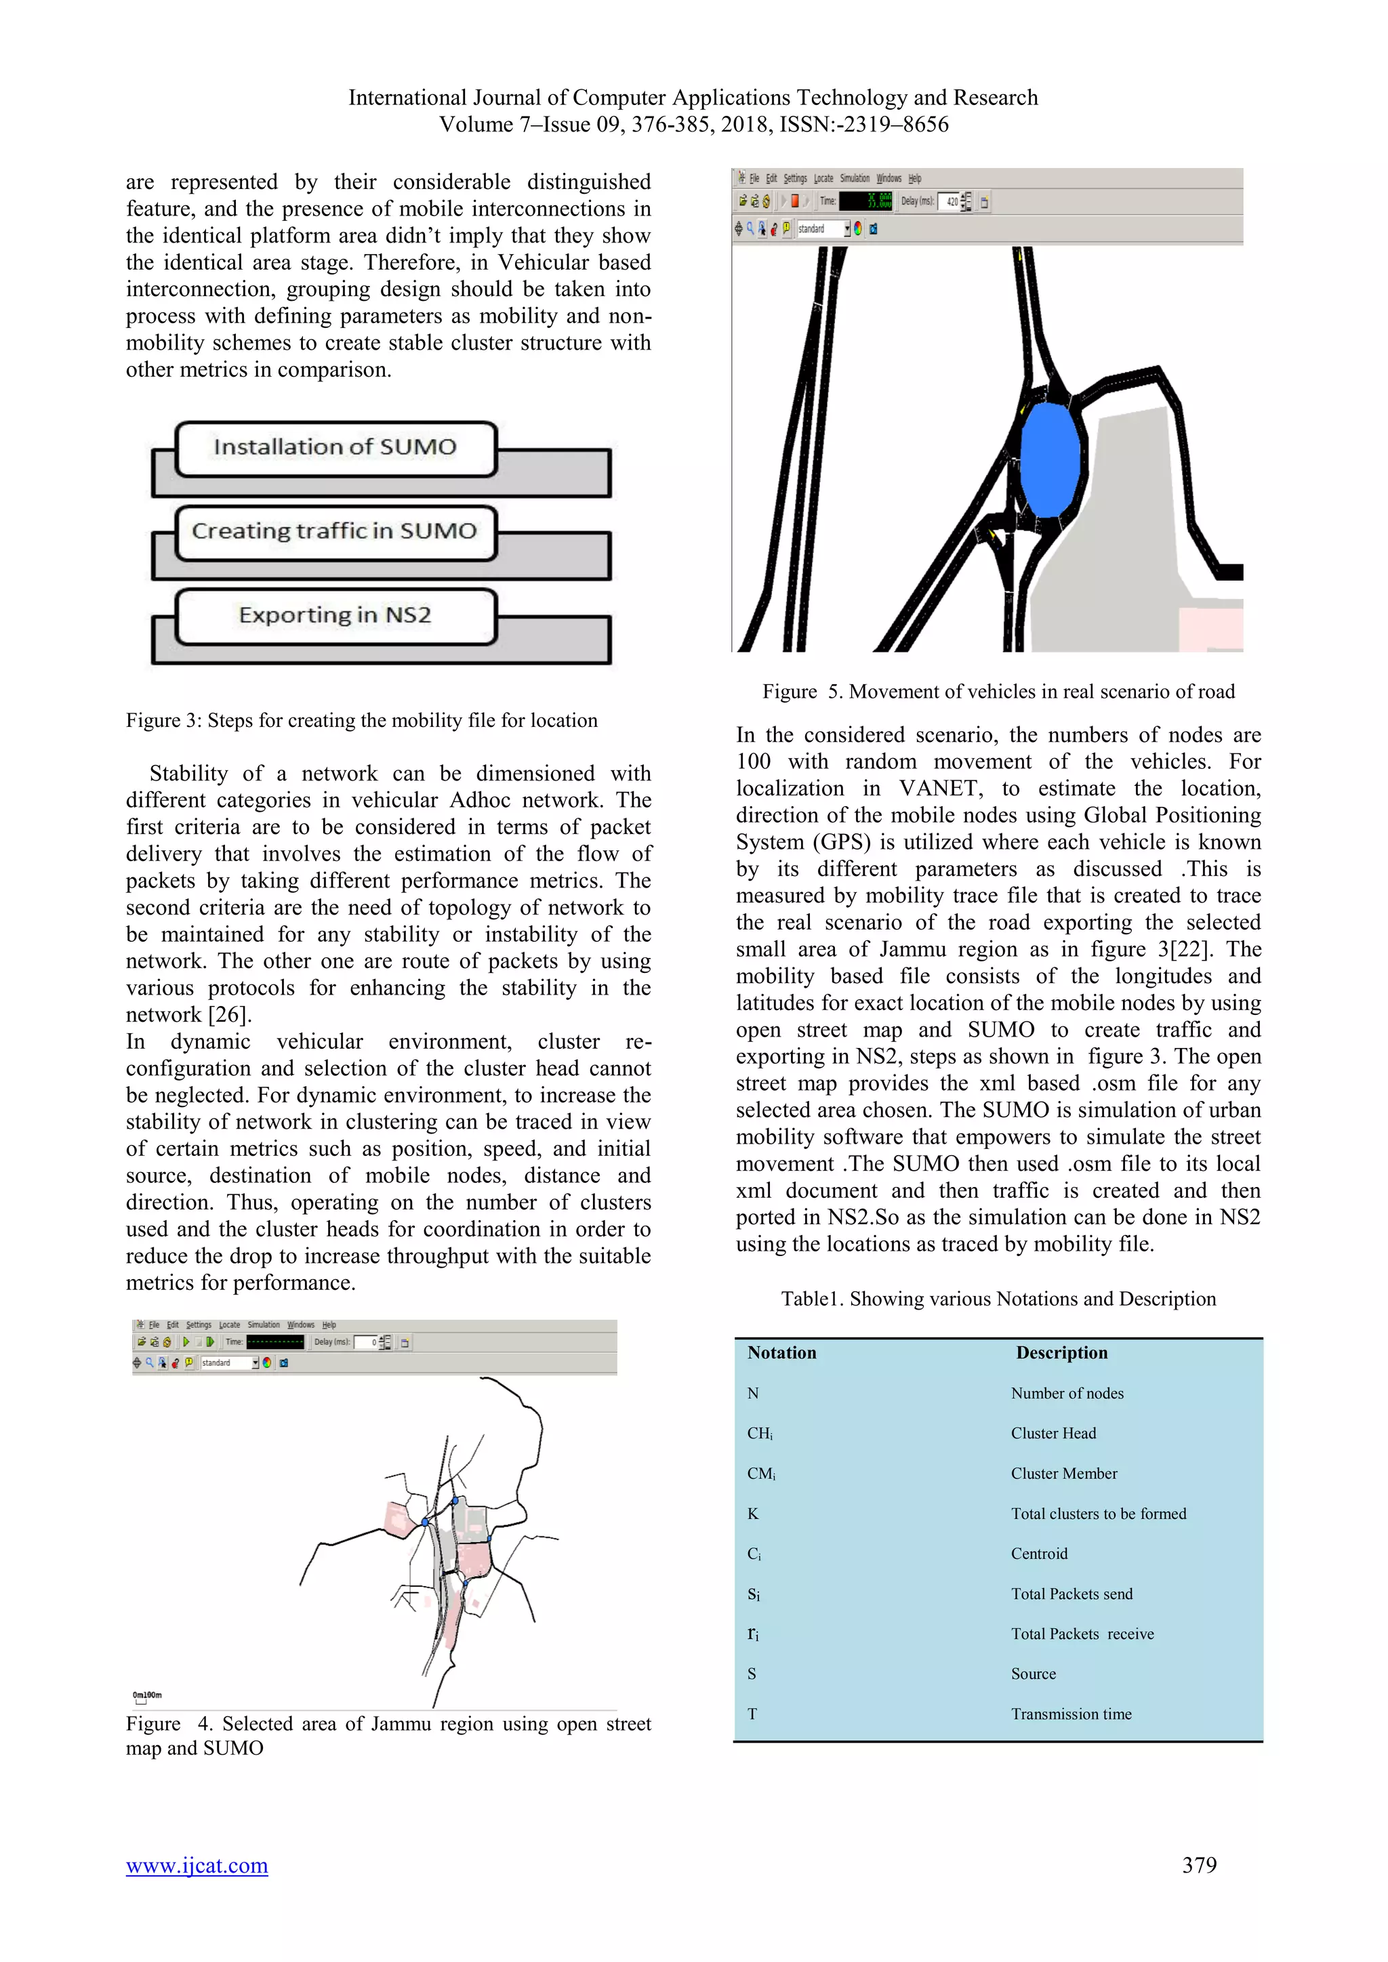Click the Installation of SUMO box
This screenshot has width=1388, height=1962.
(x=335, y=448)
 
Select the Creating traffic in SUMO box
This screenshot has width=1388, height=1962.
(x=335, y=532)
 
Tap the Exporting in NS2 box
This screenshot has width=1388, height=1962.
(x=335, y=615)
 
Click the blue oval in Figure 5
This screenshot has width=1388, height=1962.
(x=1050, y=460)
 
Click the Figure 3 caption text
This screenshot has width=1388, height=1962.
(x=361, y=720)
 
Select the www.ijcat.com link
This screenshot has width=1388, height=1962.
(x=197, y=1864)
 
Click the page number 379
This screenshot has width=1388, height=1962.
(x=1199, y=1864)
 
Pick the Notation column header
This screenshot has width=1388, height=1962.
(x=781, y=1353)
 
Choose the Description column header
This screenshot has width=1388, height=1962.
(x=1061, y=1353)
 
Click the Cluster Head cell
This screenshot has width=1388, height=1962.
(x=1053, y=1433)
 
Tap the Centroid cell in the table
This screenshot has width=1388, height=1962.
(x=1039, y=1553)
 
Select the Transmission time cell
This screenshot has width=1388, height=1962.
(x=1071, y=1714)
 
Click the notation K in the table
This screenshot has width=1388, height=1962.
(x=753, y=1514)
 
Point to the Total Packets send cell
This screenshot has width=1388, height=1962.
(x=1071, y=1593)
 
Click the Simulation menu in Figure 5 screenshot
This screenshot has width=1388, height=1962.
(x=855, y=179)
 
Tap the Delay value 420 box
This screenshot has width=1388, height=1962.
(x=950, y=202)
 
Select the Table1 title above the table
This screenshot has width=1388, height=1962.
(x=998, y=1299)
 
